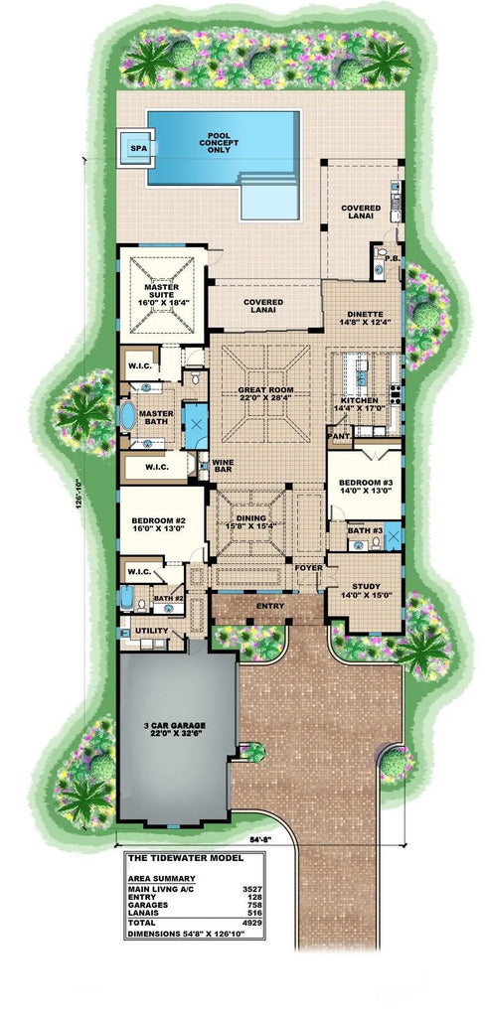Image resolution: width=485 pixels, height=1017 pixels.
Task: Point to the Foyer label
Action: click(x=307, y=567)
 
